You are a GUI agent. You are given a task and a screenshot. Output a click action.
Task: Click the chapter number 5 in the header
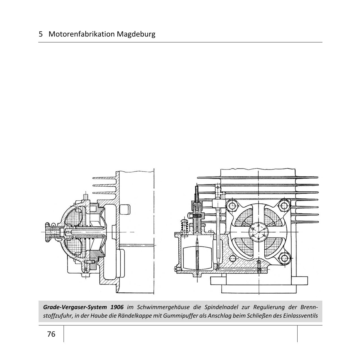41,34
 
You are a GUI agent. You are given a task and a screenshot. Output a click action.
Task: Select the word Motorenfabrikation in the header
82,34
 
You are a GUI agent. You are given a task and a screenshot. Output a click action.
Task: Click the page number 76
51,334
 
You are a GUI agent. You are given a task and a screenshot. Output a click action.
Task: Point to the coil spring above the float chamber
185,228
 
